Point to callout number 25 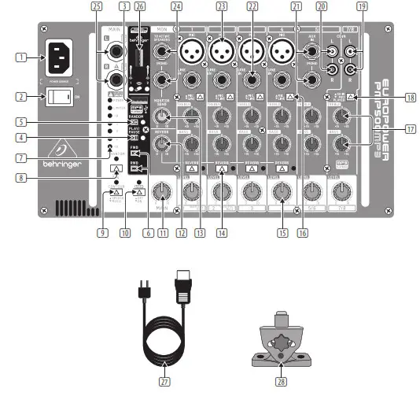[x=97, y=6]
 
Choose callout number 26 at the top [x=140, y=6]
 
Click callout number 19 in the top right [x=361, y=6]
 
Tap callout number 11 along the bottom [x=163, y=233]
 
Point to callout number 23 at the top [x=223, y=6]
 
